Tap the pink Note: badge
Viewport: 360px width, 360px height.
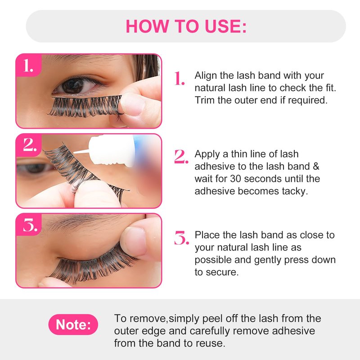click(x=73, y=324)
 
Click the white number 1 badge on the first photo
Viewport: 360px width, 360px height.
click(x=28, y=66)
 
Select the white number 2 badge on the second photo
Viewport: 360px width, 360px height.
click(x=30, y=144)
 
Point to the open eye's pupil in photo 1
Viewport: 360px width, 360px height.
click(x=72, y=85)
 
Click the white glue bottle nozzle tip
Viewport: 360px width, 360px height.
click(x=74, y=152)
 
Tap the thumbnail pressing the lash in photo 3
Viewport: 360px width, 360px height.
click(x=134, y=241)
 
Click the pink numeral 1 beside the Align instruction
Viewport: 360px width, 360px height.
click(x=179, y=78)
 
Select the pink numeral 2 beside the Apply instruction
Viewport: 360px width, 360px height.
click(x=181, y=157)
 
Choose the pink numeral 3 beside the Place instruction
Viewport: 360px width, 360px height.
click(x=182, y=238)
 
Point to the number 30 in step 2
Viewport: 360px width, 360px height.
click(x=235, y=179)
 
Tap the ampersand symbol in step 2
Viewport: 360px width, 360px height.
click(x=316, y=166)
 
